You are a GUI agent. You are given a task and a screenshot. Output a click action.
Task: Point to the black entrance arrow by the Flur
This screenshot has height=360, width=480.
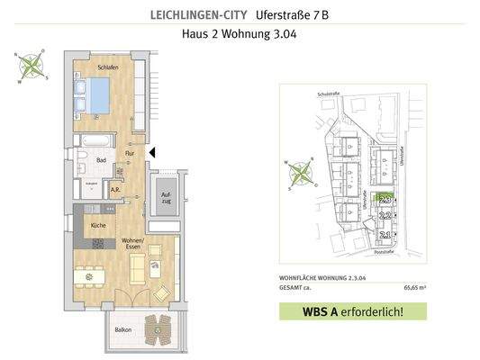click(x=152, y=154)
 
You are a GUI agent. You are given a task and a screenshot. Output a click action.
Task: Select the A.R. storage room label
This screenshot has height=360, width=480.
click(x=115, y=191)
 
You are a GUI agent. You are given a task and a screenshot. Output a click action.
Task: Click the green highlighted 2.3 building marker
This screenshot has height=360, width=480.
click(x=385, y=198)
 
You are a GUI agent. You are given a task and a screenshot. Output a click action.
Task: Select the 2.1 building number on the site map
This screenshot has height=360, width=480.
click(x=385, y=234)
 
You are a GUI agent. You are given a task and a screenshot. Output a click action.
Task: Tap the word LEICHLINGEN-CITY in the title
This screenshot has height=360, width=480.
click(x=197, y=15)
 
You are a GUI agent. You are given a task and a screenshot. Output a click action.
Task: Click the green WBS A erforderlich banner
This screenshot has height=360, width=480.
click(x=352, y=313)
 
